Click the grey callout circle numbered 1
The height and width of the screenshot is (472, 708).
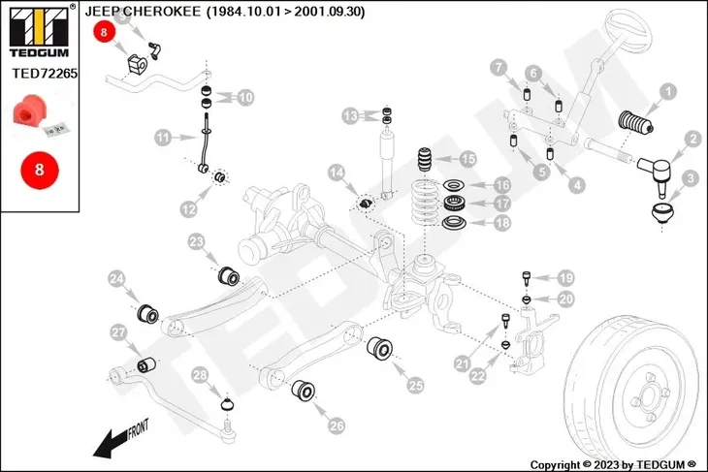coord(667,94)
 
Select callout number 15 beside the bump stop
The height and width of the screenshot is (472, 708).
coord(467,159)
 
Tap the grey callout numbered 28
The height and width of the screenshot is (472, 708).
coord(200,375)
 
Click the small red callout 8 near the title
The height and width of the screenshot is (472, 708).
coord(104,32)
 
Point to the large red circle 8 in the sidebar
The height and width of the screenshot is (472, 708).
coord(39,169)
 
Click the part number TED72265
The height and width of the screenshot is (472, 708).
coord(45,72)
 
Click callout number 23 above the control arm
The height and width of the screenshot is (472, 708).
coord(197,241)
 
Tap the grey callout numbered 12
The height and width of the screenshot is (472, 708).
coord(188,207)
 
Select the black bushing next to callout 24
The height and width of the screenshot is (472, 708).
coord(149,314)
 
